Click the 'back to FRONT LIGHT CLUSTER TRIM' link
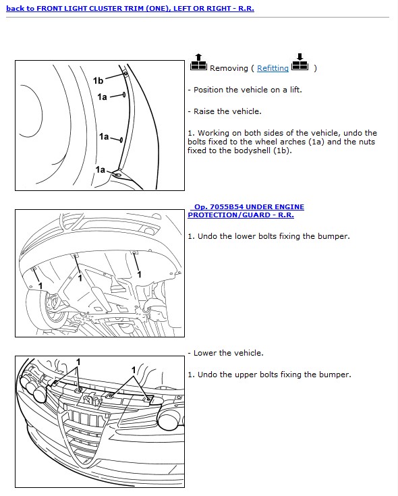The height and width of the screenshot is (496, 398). (130, 8)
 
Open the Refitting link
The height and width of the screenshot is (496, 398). (273, 68)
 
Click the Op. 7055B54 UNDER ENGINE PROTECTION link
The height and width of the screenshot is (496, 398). (246, 211)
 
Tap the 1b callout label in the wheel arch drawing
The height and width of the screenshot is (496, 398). (98, 81)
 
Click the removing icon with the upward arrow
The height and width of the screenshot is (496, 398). (198, 62)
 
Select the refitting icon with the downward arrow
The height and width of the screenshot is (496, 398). (300, 62)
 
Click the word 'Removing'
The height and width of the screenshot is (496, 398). (229, 68)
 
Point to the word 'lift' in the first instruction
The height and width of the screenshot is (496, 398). (295, 90)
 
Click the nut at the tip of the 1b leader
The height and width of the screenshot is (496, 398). (125, 74)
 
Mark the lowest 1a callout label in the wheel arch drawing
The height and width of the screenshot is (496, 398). (101, 170)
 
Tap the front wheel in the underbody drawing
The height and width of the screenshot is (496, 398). (47, 309)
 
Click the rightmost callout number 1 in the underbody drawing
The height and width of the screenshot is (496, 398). (139, 274)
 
